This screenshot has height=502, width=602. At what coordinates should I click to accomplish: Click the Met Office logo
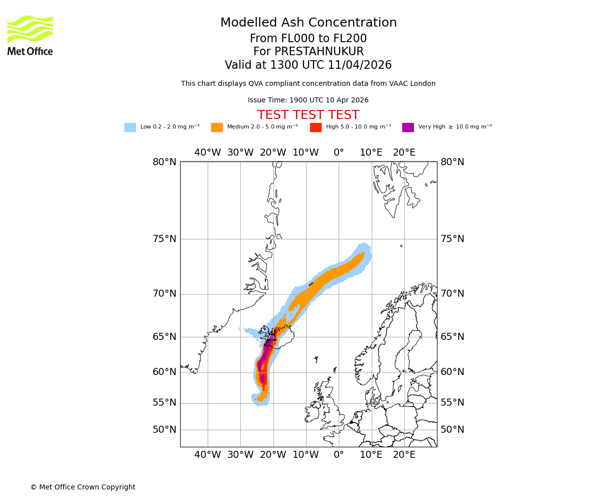pos(30,35)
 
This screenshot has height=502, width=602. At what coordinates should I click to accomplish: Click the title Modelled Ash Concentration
pos(308,23)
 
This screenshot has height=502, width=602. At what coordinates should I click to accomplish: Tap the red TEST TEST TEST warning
pos(308,115)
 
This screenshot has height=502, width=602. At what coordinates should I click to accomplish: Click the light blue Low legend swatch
pos(130,128)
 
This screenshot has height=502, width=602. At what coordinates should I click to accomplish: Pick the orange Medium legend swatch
pos(217,128)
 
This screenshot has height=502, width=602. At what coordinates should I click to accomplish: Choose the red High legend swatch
pos(316,128)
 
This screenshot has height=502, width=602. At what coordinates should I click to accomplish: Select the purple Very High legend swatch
pos(408,128)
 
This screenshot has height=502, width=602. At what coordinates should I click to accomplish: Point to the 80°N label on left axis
pos(165,162)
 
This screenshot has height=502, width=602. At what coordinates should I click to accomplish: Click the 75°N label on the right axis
pos(452,239)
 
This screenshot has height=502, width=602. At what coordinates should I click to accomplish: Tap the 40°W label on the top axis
pos(207,153)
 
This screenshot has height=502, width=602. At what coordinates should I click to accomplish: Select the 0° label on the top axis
pos(339,153)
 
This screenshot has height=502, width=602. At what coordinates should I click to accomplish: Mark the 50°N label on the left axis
pos(165,430)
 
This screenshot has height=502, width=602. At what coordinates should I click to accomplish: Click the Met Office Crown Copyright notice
pos(83,487)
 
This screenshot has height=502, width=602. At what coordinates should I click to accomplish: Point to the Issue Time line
pos(308,100)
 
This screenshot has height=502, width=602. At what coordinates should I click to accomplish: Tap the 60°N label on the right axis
pos(452,372)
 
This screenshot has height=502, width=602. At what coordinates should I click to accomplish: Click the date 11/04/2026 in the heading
pos(360,65)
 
